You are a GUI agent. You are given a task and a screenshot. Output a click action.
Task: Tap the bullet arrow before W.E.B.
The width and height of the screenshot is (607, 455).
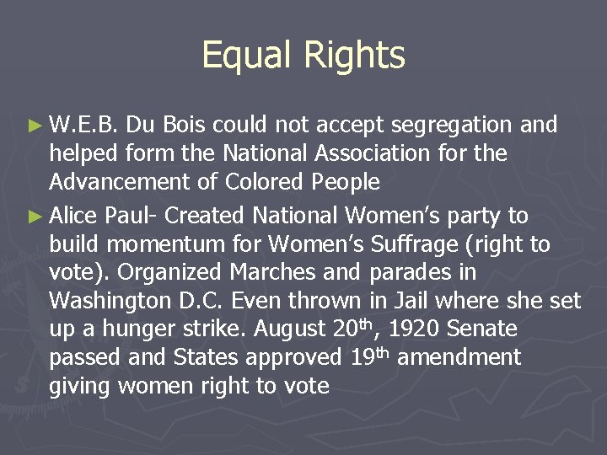35,126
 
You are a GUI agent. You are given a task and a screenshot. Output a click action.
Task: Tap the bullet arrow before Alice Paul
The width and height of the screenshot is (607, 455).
35,217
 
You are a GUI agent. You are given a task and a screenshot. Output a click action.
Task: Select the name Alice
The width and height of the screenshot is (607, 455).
75,217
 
